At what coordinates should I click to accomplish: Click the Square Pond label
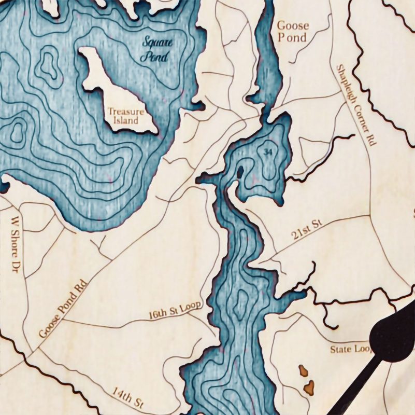click(x=156, y=49)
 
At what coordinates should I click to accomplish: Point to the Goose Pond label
click(x=293, y=31)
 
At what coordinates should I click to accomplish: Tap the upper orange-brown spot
click(x=303, y=371)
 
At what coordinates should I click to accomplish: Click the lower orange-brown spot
click(x=309, y=386)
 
